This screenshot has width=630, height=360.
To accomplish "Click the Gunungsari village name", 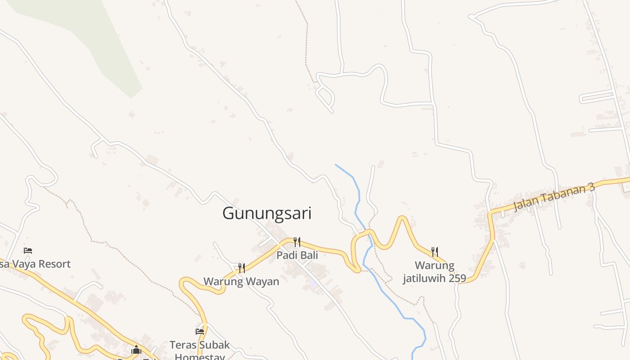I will (267, 213).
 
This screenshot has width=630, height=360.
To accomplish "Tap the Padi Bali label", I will (297, 255).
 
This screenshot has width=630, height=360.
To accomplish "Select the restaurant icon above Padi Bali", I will (297, 242).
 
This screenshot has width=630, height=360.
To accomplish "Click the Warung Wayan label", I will (241, 282).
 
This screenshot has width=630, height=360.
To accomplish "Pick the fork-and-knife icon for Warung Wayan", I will (242, 268).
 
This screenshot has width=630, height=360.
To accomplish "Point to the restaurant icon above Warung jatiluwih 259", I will (435, 252).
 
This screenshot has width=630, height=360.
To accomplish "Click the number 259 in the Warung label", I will (457, 278).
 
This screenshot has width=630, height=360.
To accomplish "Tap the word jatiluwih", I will (424, 278).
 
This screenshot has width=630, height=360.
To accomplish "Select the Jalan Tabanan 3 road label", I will (554, 196).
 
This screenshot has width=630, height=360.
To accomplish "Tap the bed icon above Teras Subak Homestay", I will (200, 332).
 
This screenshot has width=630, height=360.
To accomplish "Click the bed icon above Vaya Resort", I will (28, 250).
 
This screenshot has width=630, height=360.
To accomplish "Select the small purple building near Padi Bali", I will (312, 283).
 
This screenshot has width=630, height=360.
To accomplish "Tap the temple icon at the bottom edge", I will (136, 350).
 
